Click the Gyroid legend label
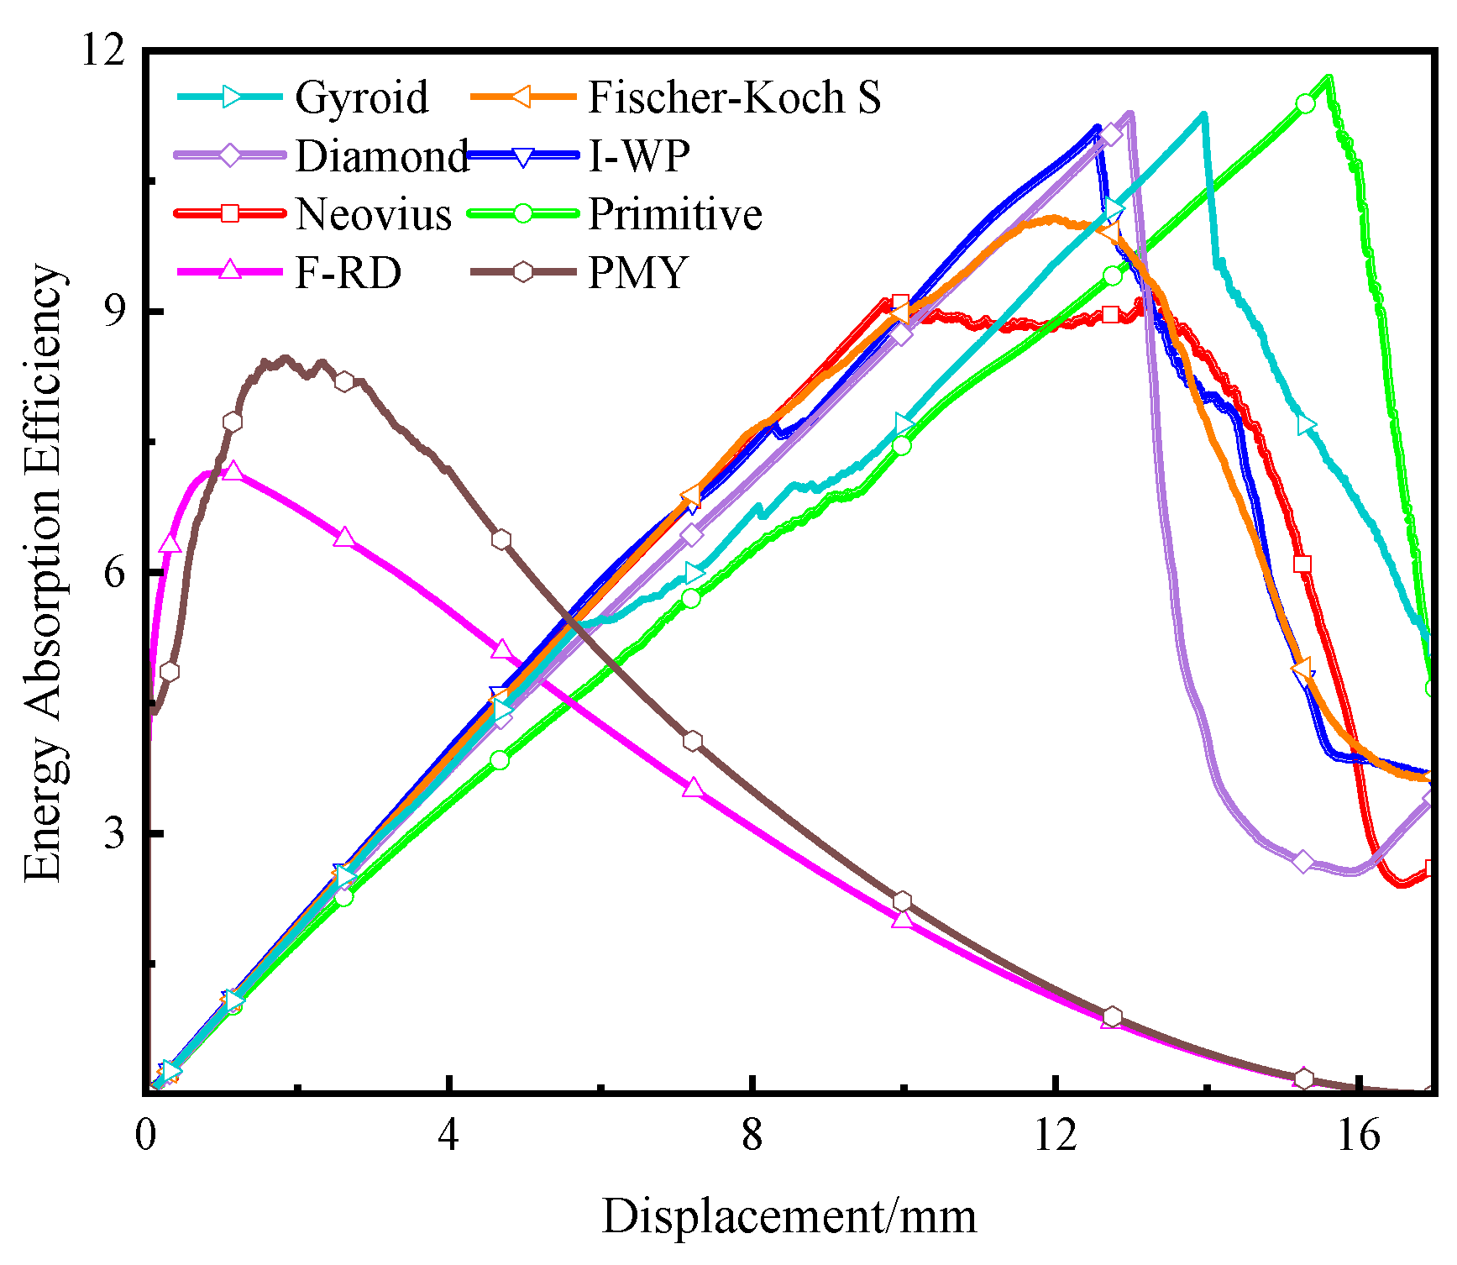[x=361, y=97]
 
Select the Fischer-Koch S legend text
[x=734, y=97]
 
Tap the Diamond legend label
[x=381, y=156]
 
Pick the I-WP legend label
[x=639, y=156]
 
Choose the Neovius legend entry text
[x=373, y=214]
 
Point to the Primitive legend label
[x=675, y=214]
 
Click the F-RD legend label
[x=348, y=272]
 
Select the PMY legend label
[x=638, y=272]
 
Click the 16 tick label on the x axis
[x=1358, y=1136]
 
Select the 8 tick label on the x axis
[x=752, y=1136]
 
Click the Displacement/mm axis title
[x=789, y=1216]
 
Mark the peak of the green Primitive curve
[x=1329, y=78]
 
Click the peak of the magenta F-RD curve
[x=220, y=472]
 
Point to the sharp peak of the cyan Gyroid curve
[x=1203, y=114]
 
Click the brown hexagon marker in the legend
[x=523, y=272]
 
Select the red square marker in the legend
[x=229, y=213]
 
